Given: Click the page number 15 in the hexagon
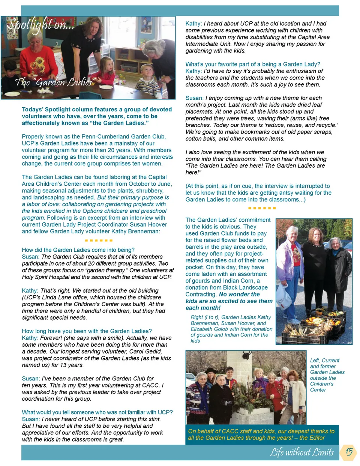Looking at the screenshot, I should point(349,452).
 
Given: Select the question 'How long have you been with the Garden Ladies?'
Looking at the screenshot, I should point(87,331).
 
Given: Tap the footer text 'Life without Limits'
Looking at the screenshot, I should point(302,452).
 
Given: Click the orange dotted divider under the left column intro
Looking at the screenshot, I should point(99,240).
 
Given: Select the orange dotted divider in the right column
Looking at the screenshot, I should point(262,208).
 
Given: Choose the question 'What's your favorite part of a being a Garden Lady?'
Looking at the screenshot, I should point(253,64).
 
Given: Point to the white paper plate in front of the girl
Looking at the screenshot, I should point(106,87).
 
